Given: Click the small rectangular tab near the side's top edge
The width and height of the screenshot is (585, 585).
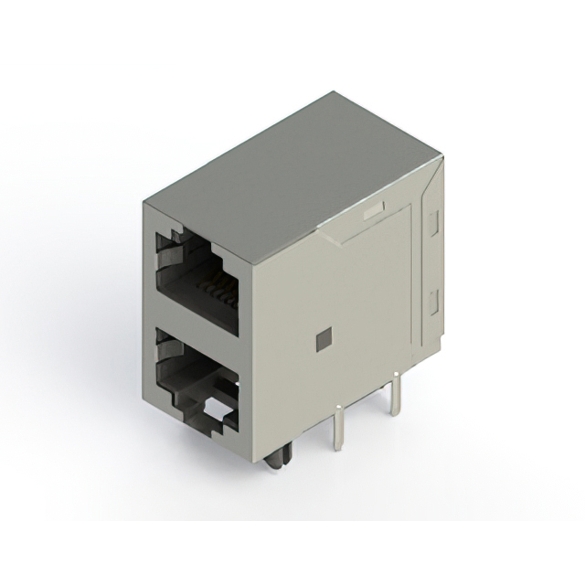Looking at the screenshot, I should coord(374,213).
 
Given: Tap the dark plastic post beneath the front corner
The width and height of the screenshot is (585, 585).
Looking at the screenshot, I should coord(277,453).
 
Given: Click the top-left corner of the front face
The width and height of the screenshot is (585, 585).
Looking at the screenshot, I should coord(144,202).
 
